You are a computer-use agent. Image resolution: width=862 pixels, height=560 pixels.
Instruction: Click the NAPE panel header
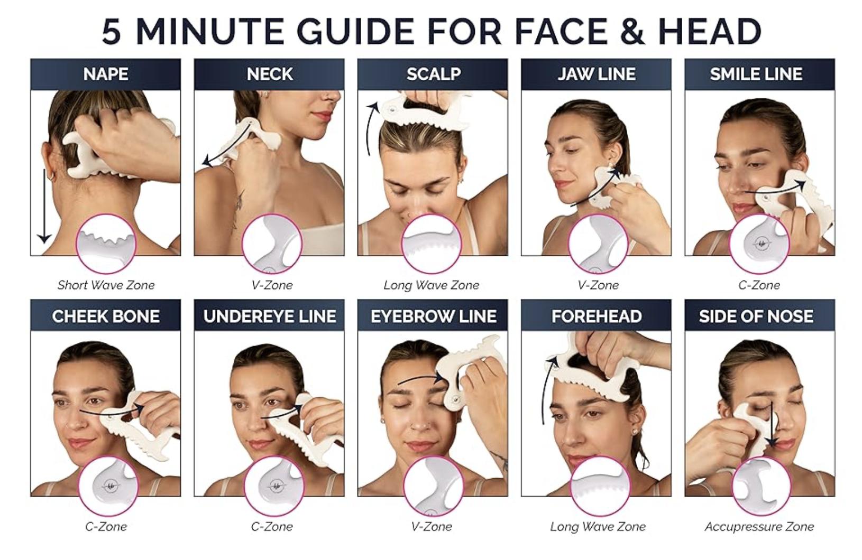tap(105, 74)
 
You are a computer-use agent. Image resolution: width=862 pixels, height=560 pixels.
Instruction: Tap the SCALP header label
tap(433, 74)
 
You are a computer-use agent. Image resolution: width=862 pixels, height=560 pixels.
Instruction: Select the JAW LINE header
tap(596, 74)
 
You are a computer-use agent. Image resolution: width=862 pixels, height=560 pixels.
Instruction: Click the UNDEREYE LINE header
tap(269, 316)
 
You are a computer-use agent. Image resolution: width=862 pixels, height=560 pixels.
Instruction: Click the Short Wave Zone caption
tap(106, 285)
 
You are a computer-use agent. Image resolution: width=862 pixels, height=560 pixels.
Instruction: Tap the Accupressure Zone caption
tap(759, 527)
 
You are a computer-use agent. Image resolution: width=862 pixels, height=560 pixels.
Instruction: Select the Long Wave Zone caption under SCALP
tap(432, 285)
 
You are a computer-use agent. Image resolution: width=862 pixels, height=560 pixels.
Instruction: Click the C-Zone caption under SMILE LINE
tap(759, 285)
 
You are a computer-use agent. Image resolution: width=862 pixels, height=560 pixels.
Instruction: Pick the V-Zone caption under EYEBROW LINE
tap(432, 527)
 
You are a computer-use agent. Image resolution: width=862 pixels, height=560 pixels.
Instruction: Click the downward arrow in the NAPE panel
tap(44, 206)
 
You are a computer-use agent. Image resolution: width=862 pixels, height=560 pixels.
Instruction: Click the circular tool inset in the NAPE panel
tap(106, 244)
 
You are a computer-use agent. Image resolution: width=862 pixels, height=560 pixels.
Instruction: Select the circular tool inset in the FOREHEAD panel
tap(600, 486)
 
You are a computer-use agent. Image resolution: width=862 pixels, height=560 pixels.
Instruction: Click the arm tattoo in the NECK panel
tap(239, 205)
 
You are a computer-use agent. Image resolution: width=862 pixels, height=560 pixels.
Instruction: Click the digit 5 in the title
tap(112, 31)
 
